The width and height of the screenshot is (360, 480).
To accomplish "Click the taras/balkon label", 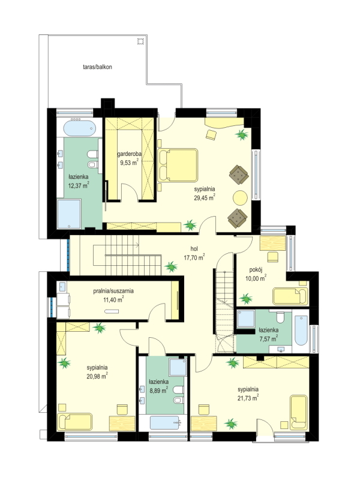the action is click(97, 67).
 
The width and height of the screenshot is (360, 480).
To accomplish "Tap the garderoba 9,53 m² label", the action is click(129, 158).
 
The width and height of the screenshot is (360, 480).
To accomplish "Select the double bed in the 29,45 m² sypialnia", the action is click(178, 166).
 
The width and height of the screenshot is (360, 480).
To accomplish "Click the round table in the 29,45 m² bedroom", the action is click(240, 198).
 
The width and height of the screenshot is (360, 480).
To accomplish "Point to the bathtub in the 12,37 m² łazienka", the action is click(79, 128).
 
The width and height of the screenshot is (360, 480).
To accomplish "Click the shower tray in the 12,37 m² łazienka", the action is click(69, 214).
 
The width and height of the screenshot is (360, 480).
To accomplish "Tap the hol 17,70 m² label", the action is click(194, 254).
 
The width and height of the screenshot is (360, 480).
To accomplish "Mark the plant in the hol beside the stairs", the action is click(171, 266).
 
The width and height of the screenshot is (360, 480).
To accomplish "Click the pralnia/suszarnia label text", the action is click(113, 291).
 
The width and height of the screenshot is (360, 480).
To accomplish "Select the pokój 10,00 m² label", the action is click(256, 274).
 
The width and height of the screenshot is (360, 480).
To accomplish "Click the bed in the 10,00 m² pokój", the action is click(290, 296).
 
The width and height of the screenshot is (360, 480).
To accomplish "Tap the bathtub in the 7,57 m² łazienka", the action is click(301, 331).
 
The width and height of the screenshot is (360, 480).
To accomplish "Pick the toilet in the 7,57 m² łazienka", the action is click(280, 317).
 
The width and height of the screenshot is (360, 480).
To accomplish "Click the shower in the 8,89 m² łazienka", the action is click(178, 367).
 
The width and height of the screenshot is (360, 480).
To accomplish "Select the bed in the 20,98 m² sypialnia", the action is click(75, 422).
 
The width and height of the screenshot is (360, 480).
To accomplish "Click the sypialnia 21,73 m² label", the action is click(248, 394).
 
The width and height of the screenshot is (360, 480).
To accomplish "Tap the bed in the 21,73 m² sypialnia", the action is click(298, 412).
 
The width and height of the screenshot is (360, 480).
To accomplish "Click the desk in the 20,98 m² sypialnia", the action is click(122, 424).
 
